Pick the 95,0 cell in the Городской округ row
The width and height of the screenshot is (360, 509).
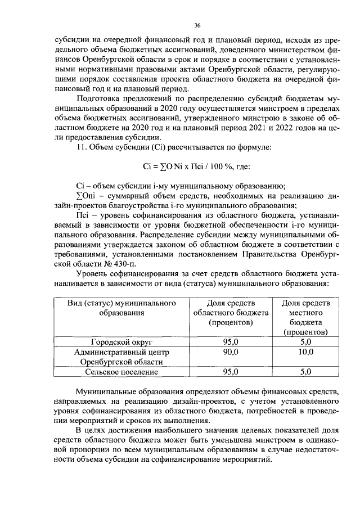pos(231,341)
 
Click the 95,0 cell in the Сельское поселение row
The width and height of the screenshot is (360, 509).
pos(231,372)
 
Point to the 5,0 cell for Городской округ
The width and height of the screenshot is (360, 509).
pos(305,341)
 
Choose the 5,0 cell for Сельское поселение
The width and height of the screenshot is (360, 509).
pos(305,372)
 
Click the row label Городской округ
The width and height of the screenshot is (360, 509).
pos(121,341)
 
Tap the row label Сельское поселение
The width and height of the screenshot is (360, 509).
pos(121,372)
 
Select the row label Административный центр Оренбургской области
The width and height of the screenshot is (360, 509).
pos(121,357)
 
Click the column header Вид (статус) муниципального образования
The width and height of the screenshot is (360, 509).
pos(121,308)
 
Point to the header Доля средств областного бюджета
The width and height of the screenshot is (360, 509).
pos(231,313)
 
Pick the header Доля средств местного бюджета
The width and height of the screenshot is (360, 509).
pos(305,317)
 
